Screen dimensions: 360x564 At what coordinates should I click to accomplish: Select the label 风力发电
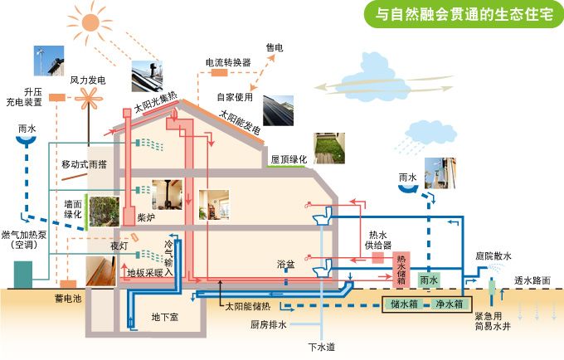88,80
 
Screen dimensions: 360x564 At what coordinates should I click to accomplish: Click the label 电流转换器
228,62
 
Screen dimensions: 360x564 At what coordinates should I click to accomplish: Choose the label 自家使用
234,95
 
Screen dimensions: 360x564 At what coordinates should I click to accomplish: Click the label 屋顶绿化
289,158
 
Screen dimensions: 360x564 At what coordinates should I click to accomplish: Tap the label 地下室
164,317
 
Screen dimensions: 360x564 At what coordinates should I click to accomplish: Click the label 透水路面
532,280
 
